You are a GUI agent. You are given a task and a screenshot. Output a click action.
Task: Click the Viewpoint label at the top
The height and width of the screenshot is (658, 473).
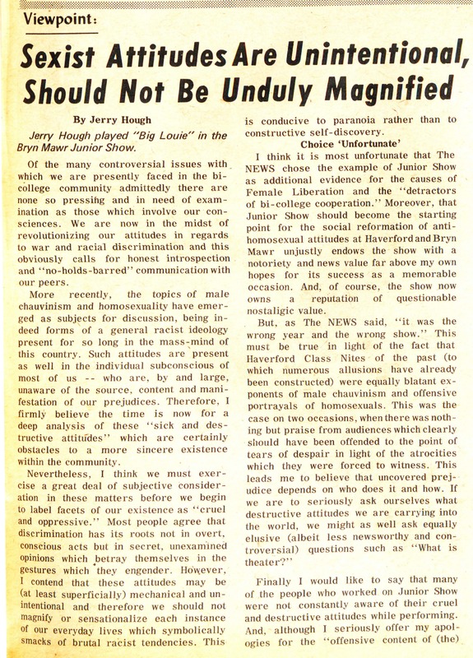(55, 17)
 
